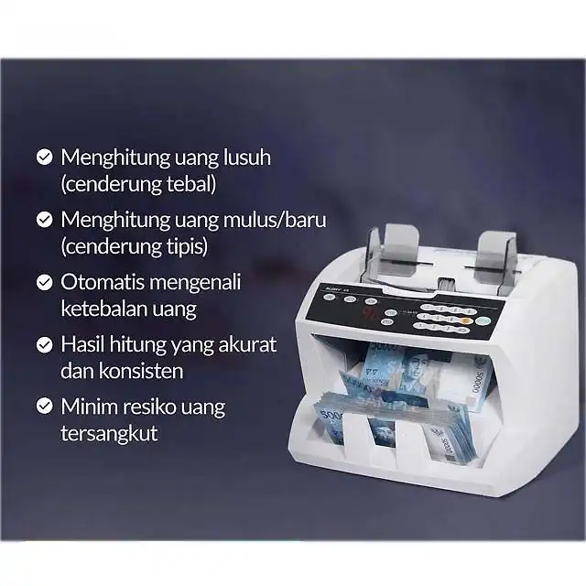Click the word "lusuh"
(247, 157)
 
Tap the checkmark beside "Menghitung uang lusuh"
(45, 157)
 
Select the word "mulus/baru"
(275, 220)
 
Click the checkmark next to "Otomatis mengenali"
(45, 282)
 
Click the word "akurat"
(247, 344)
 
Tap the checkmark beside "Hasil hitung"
(45, 344)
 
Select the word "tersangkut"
(109, 433)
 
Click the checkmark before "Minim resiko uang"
(45, 406)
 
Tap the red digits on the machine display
(369, 312)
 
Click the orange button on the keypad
(465, 320)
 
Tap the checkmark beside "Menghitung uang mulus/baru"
(45, 220)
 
